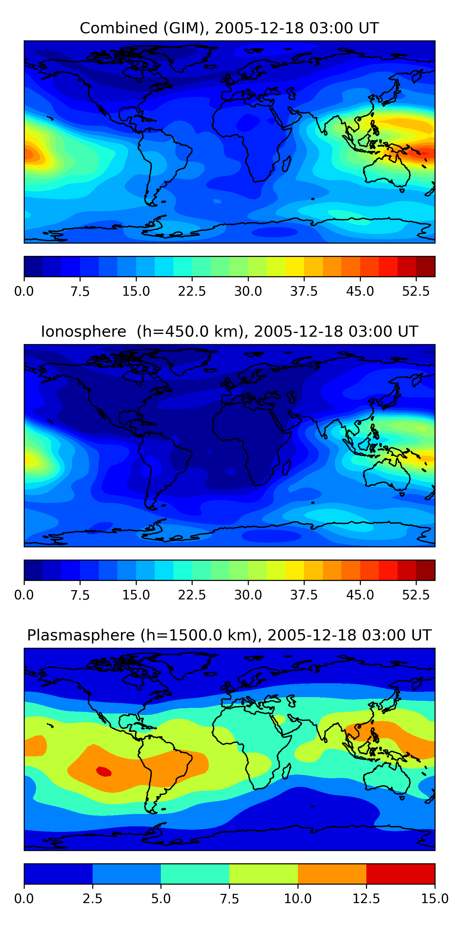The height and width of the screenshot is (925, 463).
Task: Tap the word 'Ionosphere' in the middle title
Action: pyautogui.click(x=83, y=331)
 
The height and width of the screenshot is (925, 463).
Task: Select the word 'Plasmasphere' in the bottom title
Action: pyautogui.click(x=81, y=635)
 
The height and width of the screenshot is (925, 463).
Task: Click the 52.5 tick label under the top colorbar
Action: pyautogui.click(x=415, y=291)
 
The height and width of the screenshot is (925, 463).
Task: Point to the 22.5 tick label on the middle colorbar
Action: pyautogui.click(x=192, y=595)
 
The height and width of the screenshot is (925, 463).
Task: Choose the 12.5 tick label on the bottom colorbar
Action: pyautogui.click(x=366, y=898)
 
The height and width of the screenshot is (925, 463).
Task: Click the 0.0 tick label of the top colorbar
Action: pyautogui.click(x=24, y=291)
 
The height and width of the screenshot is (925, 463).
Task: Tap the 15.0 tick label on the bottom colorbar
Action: pyautogui.click(x=435, y=898)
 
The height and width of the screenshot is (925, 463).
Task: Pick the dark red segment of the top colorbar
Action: pyautogui.click(x=426, y=266)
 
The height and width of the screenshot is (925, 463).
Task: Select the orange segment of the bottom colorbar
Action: pyautogui.click(x=332, y=874)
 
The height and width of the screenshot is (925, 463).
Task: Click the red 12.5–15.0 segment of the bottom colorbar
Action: pyautogui.click(x=400, y=874)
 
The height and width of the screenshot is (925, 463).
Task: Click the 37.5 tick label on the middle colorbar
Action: pyautogui.click(x=304, y=595)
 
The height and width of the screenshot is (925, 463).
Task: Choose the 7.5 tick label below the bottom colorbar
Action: pyautogui.click(x=229, y=898)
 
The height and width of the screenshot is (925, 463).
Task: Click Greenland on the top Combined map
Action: pyautogui.click(x=187, y=57)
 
